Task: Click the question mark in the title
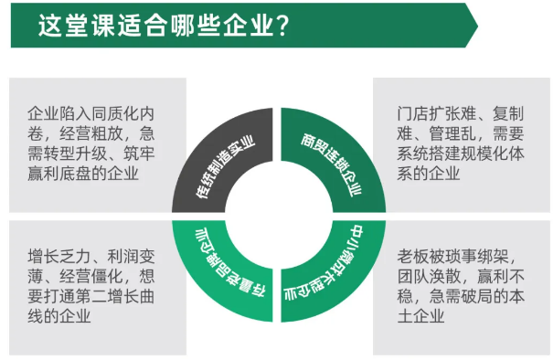point(282,25)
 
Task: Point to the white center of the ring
point(279,216)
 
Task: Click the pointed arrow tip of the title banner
point(477,26)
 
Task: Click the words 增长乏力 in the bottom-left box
point(59,257)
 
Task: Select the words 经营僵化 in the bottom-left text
point(91,277)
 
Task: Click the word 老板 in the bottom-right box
point(413,257)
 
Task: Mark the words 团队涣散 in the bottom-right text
point(429,277)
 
